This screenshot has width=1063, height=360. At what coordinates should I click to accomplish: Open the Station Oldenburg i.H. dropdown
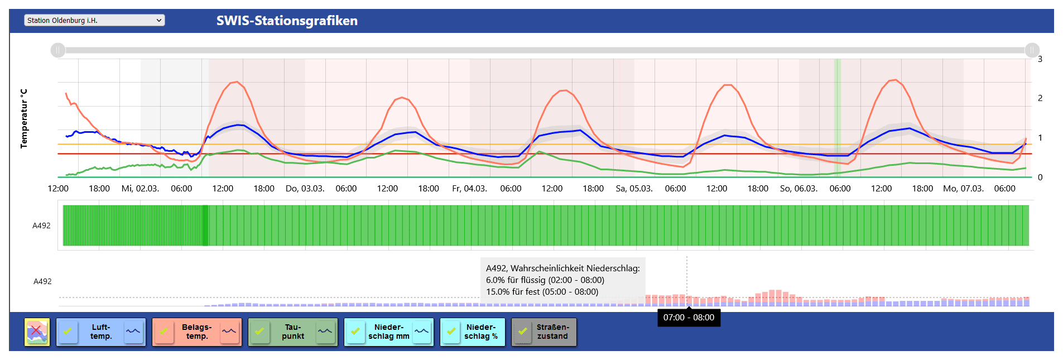(x=94, y=21)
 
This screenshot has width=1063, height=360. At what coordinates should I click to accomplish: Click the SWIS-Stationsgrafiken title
(x=287, y=21)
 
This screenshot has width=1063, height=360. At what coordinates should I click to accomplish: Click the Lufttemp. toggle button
(x=101, y=332)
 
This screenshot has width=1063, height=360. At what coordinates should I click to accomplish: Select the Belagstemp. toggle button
(x=197, y=332)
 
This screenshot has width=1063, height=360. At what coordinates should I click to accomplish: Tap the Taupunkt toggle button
(x=293, y=332)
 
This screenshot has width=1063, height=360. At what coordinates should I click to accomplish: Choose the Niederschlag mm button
(x=389, y=332)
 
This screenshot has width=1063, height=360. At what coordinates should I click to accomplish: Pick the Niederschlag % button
(x=480, y=332)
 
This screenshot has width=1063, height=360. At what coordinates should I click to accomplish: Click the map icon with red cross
(x=37, y=332)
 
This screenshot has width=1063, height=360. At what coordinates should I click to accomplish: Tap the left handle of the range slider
(x=58, y=50)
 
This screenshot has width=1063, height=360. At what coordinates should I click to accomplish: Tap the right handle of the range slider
(x=1032, y=50)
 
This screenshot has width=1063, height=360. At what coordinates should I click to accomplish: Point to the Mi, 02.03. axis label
(x=140, y=189)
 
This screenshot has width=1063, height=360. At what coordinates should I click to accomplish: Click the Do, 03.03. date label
(x=305, y=189)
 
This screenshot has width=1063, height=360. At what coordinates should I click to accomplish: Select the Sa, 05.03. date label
(x=634, y=189)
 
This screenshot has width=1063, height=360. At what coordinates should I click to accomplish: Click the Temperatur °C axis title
(x=24, y=118)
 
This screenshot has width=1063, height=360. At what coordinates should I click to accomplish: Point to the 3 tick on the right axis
(x=1040, y=59)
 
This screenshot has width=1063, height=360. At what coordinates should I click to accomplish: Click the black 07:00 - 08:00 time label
(x=689, y=318)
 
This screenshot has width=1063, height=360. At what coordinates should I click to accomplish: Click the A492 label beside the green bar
(x=41, y=225)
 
